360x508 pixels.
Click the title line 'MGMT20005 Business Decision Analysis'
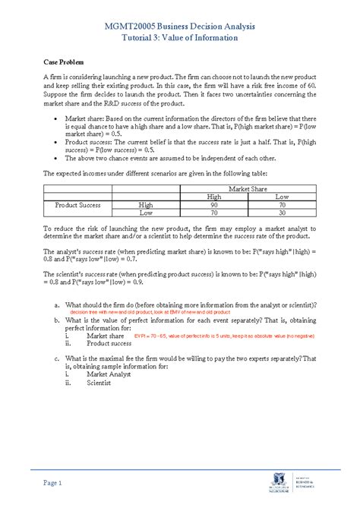179,27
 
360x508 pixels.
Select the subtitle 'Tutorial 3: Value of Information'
179,39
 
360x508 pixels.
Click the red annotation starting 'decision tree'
149,312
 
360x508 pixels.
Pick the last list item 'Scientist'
99,383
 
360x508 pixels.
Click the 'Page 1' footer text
52,483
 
